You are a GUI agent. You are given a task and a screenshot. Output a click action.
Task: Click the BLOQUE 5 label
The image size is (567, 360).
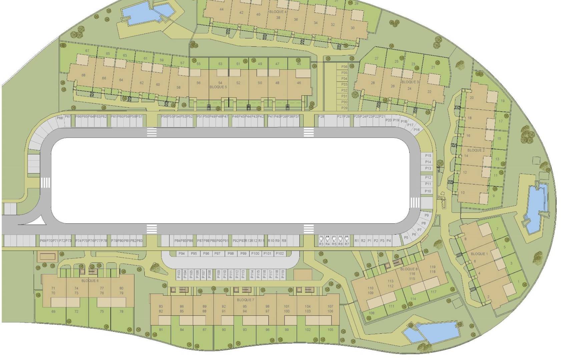pyautogui.click(x=218, y=87)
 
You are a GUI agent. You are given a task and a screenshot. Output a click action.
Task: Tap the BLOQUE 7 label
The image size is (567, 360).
pyautogui.click(x=245, y=300)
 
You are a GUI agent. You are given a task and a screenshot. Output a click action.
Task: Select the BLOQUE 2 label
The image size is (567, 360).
pyautogui.click(x=476, y=150)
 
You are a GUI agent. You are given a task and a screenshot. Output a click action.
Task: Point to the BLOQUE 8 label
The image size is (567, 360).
pyautogui.click(x=409, y=269)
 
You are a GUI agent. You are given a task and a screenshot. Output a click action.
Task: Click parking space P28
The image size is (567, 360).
pyautogui.click(x=321, y=117)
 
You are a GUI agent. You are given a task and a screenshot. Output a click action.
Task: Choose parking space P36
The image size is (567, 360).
pyautogui.click(x=344, y=67)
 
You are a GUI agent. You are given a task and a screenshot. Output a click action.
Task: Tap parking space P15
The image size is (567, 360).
pyautogui.click(x=428, y=156)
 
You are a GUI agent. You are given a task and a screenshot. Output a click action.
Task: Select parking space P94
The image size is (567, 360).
pyautogui.click(x=181, y=254)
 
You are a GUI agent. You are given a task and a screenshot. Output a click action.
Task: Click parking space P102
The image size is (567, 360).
pyautogui.click(x=280, y=254)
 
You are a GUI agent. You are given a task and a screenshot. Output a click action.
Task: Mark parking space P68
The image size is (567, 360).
pyautogui.click(x=60, y=118)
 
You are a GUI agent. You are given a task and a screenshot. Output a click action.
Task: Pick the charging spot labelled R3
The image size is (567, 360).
pyautogui.click(x=321, y=244)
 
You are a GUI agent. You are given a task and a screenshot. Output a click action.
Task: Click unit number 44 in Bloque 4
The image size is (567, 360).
pyautogui.click(x=221, y=9)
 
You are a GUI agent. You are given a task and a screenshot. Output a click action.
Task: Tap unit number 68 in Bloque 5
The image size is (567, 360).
pyautogui.click(x=83, y=75)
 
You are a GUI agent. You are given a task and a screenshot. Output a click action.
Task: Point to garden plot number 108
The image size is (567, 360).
pyautogui.click(x=372, y=313)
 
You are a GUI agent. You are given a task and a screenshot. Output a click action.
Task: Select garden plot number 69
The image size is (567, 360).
pyautogui.click(x=53, y=312)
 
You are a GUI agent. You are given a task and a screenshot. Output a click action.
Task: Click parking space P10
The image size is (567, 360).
pyautogui.click(x=428, y=191)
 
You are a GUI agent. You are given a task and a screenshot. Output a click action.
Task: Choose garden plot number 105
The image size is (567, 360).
pyautogui.click(x=330, y=330)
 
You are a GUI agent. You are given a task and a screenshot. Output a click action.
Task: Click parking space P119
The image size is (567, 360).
pyautogui.click(x=283, y=274)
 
